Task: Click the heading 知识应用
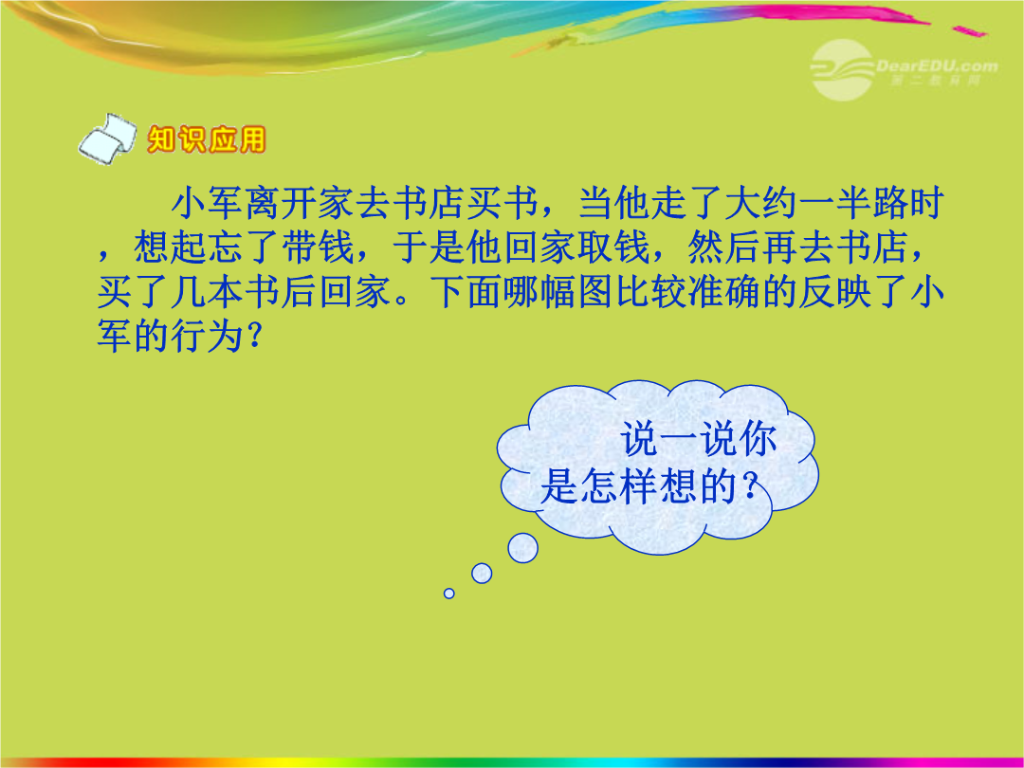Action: [x=207, y=139]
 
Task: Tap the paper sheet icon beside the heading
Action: [x=107, y=137]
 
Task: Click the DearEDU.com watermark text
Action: [x=937, y=66]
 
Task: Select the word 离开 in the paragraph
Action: [x=282, y=203]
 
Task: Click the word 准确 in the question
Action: [x=723, y=291]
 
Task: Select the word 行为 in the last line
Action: [x=208, y=336]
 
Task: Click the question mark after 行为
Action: [x=256, y=337]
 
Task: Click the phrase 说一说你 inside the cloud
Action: [x=699, y=439]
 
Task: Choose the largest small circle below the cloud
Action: [x=523, y=548]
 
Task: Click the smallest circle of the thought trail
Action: [x=448, y=593]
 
